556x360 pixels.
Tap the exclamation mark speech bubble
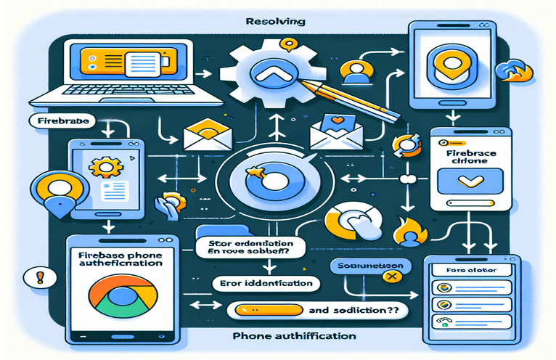30,277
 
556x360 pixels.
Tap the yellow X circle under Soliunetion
395,276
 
